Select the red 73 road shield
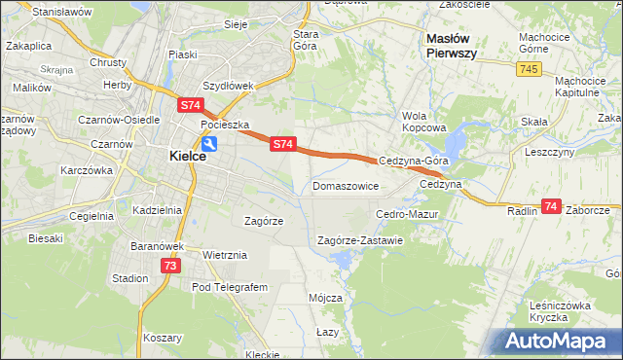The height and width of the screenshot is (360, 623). [x=170, y=265]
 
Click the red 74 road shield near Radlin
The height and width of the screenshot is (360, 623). [x=551, y=206]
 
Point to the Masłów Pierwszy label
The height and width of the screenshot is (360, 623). [x=452, y=46]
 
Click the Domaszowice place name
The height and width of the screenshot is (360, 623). [x=345, y=185]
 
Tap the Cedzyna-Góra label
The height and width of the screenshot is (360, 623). [x=414, y=162]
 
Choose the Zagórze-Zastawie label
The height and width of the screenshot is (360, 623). [x=360, y=240]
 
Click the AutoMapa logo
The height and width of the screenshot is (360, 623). [x=557, y=341]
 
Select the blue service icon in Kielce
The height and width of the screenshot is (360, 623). [x=209, y=143]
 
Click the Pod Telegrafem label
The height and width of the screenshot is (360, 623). [x=229, y=287]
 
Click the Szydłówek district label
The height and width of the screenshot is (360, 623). [x=228, y=85]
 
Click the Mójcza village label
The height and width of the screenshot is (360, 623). [x=325, y=297]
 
